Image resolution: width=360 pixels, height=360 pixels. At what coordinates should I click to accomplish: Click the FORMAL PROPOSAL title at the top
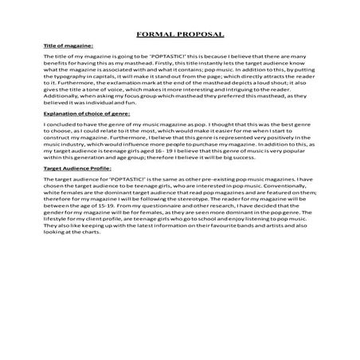click(x=180, y=35)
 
